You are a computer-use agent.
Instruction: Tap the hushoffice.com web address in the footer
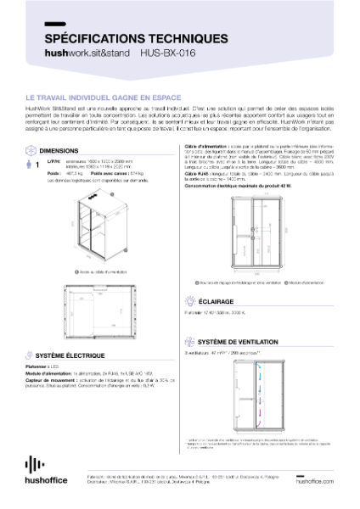(318, 480)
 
